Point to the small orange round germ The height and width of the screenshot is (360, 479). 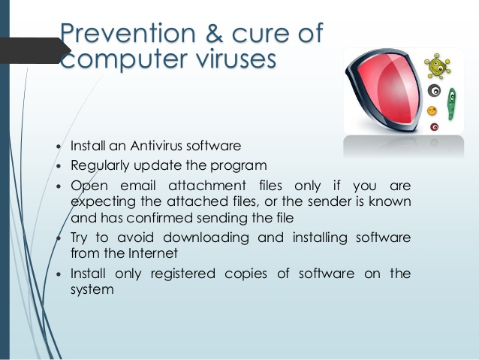[432, 111]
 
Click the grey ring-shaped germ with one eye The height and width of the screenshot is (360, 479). [433, 91]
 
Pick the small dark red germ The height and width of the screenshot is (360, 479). [434, 127]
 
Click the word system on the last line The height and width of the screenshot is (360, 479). [92, 289]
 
